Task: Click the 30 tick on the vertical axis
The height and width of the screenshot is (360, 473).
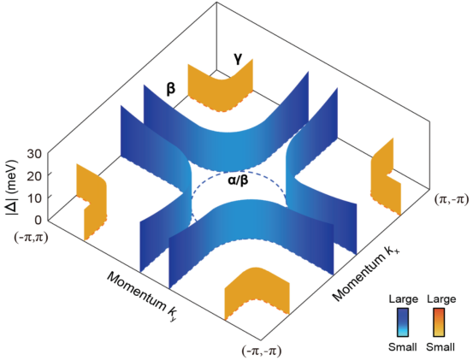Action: click(x=34, y=154)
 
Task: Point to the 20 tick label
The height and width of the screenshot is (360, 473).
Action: click(x=34, y=175)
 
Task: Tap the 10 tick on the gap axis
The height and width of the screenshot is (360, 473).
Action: click(x=34, y=198)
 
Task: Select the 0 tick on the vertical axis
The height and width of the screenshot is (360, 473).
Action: click(x=38, y=220)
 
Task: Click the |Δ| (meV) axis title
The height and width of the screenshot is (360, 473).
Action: click(x=12, y=187)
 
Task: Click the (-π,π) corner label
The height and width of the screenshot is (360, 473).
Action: click(x=31, y=239)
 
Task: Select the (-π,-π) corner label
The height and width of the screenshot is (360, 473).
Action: click(x=261, y=351)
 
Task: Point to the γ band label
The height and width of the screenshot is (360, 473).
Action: click(x=238, y=59)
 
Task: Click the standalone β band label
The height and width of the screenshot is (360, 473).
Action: click(x=171, y=89)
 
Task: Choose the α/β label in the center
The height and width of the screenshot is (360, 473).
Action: click(x=239, y=181)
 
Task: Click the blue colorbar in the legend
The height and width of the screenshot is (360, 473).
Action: click(x=403, y=322)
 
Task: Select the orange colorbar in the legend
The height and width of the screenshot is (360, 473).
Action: click(x=439, y=322)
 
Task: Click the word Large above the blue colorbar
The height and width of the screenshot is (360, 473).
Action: click(x=404, y=299)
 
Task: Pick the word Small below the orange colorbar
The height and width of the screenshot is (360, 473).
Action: click(x=440, y=347)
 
